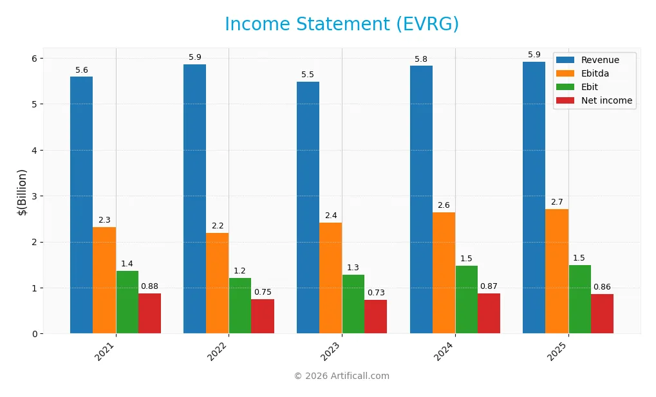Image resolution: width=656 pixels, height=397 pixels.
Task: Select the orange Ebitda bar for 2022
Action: click(x=217, y=283)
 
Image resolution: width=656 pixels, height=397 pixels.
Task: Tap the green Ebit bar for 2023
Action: click(x=353, y=304)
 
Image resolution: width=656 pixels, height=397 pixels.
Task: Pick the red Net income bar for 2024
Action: click(x=489, y=313)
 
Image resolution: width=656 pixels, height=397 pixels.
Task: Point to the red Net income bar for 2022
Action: click(x=263, y=316)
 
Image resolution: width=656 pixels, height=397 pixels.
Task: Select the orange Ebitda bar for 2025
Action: click(x=556, y=271)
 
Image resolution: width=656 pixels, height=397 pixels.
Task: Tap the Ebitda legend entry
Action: click(x=595, y=73)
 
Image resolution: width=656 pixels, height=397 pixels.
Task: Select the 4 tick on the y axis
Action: click(x=35, y=151)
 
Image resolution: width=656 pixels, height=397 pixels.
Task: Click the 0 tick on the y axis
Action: click(x=35, y=334)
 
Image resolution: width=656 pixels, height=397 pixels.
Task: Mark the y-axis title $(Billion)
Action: click(x=22, y=192)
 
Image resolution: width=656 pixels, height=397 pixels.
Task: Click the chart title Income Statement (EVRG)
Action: click(x=341, y=24)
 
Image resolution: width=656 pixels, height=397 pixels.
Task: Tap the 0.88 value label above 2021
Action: click(x=149, y=286)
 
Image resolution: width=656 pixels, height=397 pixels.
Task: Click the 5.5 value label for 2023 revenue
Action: click(x=308, y=75)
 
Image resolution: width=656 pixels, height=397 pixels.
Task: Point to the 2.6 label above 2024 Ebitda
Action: click(x=444, y=205)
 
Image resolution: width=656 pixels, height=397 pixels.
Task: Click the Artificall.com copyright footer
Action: click(x=341, y=376)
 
